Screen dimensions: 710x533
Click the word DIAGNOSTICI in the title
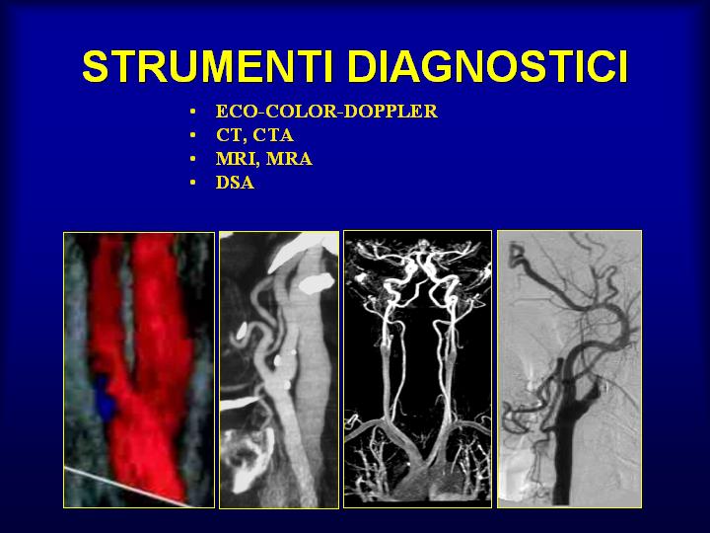coord(488,66)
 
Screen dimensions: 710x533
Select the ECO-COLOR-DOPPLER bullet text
coord(326,111)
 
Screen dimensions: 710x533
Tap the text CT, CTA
coord(254,135)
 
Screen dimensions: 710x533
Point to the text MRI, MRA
coord(264,159)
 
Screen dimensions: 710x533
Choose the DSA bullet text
coord(235,183)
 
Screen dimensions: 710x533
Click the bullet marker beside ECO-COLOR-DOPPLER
coord(193,111)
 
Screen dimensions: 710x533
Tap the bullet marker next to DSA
coord(193,183)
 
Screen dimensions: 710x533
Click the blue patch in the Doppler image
coord(106,398)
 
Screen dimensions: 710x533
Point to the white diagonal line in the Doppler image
coord(127,488)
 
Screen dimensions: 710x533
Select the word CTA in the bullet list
coord(273,135)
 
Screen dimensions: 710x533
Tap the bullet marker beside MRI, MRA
coord(193,159)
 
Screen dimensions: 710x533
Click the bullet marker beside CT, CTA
coord(193,135)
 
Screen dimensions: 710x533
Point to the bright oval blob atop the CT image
coord(317,283)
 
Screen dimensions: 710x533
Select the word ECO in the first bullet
coord(231,111)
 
